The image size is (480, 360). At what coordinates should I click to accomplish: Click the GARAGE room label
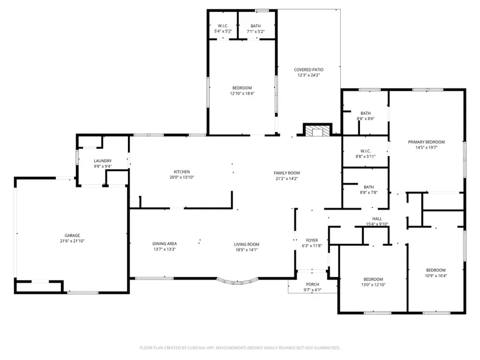[72, 235]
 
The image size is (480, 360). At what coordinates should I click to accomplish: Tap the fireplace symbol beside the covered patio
[317, 131]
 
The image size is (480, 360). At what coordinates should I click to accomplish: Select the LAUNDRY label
[102, 161]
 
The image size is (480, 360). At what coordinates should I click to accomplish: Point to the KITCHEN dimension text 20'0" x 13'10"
[182, 177]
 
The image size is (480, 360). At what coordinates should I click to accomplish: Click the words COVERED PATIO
[309, 69]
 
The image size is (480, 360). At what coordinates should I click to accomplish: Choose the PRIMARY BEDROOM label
[426, 142]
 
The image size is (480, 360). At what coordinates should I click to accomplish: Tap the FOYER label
[312, 241]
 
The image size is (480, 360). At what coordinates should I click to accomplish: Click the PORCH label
[313, 284]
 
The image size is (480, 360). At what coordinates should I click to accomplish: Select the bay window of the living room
[237, 281]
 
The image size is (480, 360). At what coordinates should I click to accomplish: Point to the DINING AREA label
[164, 244]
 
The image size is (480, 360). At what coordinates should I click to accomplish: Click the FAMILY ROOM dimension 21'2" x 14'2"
[287, 179]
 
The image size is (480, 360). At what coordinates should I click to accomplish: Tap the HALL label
[377, 219]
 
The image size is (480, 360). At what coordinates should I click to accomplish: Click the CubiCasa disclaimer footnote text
[240, 348]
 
